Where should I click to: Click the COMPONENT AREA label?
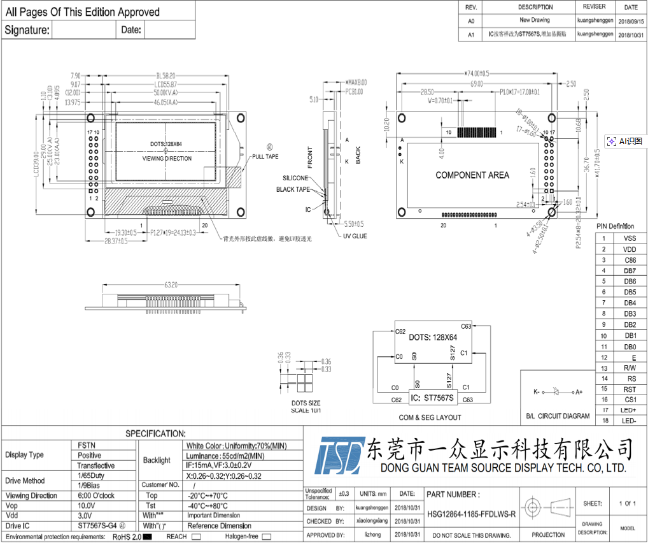coord(472,175)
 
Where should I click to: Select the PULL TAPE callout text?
coord(265,156)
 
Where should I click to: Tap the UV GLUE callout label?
coord(355,236)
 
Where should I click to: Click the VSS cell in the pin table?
coord(630,238)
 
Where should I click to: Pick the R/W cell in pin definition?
coord(630,368)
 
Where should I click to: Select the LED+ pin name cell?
coord(630,410)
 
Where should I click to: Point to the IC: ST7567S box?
coord(432,398)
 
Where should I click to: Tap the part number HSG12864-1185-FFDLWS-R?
coord(471,514)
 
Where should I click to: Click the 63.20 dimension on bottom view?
coord(171,285)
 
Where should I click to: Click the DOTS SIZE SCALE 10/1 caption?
coord(306,407)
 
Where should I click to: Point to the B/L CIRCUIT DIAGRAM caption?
coord(558,416)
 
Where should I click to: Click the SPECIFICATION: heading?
coord(155,433)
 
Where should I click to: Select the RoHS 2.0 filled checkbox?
coord(147,537)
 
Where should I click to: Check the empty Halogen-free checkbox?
coord(266,537)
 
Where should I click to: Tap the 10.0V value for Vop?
coord(87,505)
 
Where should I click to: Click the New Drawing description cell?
coord(535,20)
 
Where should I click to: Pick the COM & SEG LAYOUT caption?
coord(430,417)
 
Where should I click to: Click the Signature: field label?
coord(27,30)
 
